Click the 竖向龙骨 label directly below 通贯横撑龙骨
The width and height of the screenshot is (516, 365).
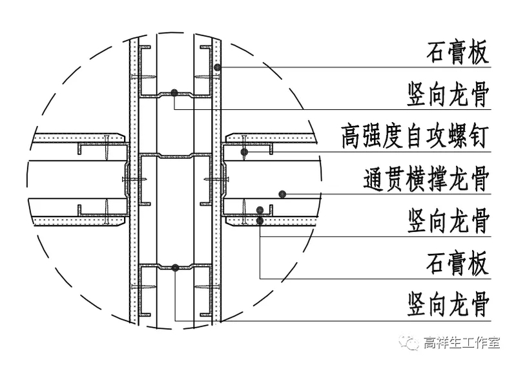point(448,222)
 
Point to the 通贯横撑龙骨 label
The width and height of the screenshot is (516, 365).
point(426,180)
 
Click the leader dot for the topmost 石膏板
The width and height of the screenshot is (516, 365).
point(218,67)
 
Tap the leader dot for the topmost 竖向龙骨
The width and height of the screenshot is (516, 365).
point(175,93)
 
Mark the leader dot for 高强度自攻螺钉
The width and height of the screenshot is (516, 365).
point(244,152)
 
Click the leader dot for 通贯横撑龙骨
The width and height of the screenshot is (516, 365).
point(282,193)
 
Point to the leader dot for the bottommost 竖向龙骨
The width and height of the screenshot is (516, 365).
point(175,267)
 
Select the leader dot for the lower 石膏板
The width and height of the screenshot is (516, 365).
point(260,221)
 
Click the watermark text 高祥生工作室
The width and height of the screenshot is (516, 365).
point(462,342)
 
